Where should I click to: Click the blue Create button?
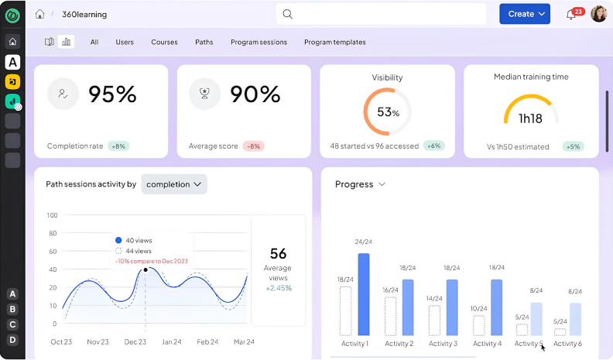[524, 14]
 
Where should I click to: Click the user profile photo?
[598, 14]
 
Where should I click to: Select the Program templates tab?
[334, 42]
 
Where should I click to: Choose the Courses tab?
[164, 42]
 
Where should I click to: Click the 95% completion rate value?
[112, 94]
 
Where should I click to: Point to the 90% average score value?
[255, 94]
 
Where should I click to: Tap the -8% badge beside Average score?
[253, 146]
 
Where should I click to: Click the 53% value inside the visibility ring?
[388, 112]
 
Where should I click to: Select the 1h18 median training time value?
[531, 118]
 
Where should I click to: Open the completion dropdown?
[174, 184]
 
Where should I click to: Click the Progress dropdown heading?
[360, 184]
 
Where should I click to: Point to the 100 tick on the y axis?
[52, 215]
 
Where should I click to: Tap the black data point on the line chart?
[146, 269]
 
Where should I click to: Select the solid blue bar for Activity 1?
[364, 294]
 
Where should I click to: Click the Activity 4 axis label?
[488, 344]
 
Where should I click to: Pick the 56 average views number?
[278, 253]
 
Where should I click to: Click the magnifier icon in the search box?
[287, 14]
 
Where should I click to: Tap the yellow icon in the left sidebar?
[12, 81]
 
